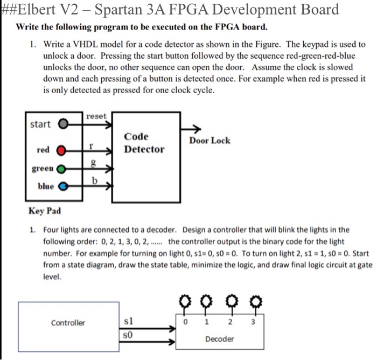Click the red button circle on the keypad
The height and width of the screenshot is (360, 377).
click(x=62, y=150)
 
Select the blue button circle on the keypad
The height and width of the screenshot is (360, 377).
click(x=62, y=186)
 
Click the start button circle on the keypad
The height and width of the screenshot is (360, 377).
click(x=62, y=124)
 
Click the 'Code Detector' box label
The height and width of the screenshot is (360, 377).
click(x=144, y=143)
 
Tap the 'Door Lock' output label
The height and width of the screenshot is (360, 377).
click(x=210, y=141)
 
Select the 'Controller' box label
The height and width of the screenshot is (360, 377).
click(x=68, y=323)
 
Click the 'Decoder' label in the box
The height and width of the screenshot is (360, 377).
click(x=220, y=339)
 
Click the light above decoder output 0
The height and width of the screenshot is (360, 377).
click(x=186, y=300)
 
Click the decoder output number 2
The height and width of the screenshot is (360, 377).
click(x=231, y=322)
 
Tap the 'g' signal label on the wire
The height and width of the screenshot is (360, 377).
click(x=93, y=163)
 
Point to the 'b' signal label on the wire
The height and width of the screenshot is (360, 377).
click(x=94, y=181)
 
